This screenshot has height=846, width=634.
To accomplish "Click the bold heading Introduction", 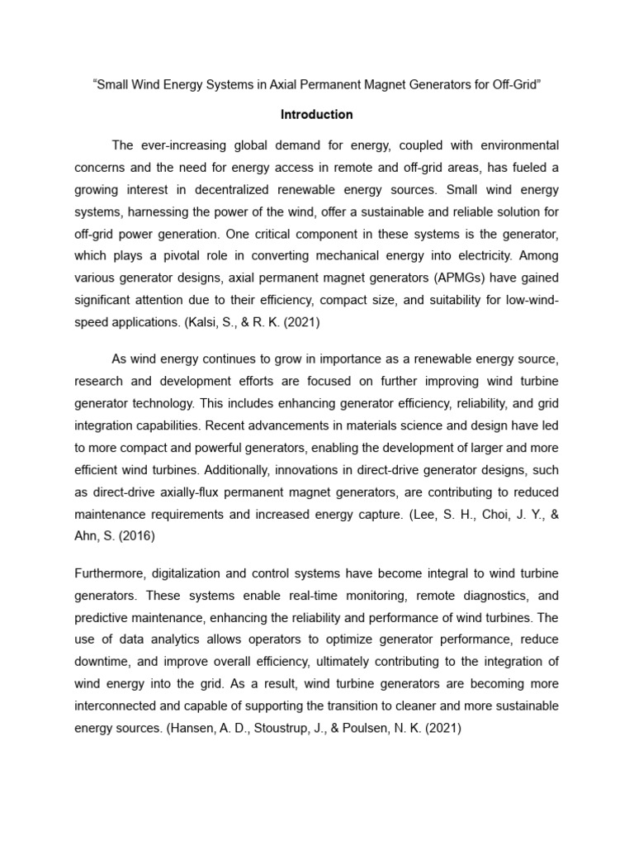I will [316, 114].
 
